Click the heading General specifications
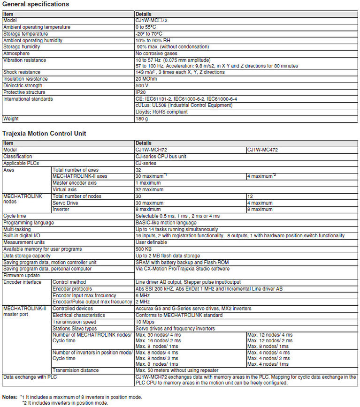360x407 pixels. click(36, 4)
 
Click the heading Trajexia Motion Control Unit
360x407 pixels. click(44, 134)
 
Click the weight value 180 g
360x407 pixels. click(142, 119)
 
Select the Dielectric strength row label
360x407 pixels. click(23, 86)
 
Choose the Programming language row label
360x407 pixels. click(29, 223)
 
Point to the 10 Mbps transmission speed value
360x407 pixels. click(145, 322)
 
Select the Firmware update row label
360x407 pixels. click(22, 275)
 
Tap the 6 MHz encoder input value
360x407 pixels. click(143, 295)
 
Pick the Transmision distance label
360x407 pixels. click(76, 370)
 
